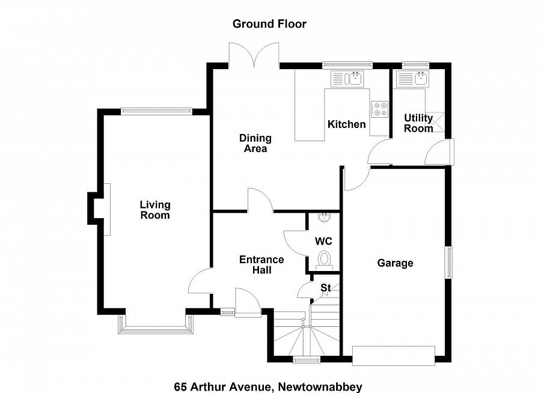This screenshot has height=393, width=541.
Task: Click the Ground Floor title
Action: click(x=270, y=24)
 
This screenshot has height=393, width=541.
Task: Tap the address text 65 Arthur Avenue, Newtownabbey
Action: click(x=268, y=386)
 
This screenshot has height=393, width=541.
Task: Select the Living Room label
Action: click(x=155, y=210)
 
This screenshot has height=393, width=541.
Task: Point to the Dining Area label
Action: click(x=255, y=144)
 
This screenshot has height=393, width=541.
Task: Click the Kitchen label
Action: click(x=346, y=124)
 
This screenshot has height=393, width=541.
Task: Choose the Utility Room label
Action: click(x=418, y=123)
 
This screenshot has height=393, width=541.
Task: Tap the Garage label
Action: click(x=395, y=263)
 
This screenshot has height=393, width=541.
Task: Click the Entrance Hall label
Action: click(x=261, y=265)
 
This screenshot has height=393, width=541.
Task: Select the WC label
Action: click(x=323, y=241)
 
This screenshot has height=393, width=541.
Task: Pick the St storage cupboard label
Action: click(x=325, y=288)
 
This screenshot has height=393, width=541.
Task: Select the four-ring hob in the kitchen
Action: click(x=379, y=109)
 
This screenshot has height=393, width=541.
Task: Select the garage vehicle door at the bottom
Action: click(x=394, y=356)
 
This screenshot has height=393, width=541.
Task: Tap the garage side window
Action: click(x=448, y=262)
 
